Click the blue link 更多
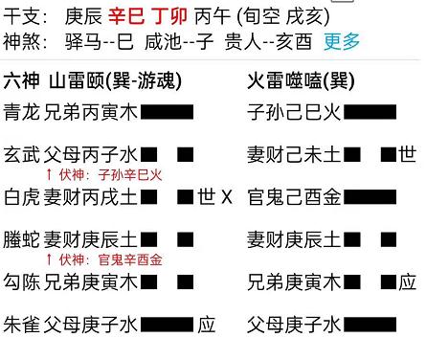(x=343, y=41)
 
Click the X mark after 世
(x=227, y=198)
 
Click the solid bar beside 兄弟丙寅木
(x=168, y=113)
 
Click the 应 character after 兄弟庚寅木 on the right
(x=408, y=281)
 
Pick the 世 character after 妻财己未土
(x=408, y=153)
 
